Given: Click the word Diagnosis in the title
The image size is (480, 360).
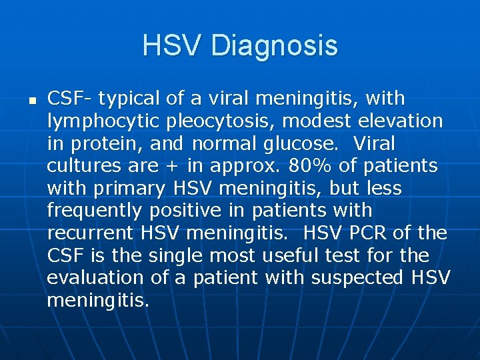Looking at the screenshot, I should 275,46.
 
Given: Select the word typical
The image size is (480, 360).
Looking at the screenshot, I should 129,99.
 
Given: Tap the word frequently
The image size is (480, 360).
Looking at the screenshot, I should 95,211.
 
